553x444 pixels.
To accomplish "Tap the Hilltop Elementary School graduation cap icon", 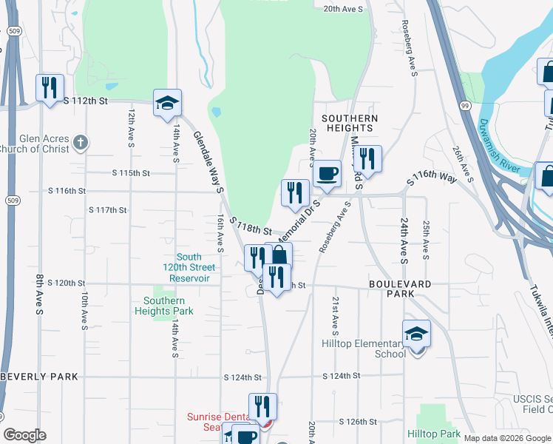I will coord(416,333).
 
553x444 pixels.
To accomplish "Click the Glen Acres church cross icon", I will coord(81,141).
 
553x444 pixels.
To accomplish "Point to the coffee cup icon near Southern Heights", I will coord(327,175).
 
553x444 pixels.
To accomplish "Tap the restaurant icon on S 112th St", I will coord(49,88).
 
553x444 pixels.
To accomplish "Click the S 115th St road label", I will coord(131,173).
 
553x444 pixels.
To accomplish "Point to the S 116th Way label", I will coord(432,177).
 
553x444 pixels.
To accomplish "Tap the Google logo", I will coord(24,435).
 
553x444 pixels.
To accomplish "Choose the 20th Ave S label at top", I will coord(344,9).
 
